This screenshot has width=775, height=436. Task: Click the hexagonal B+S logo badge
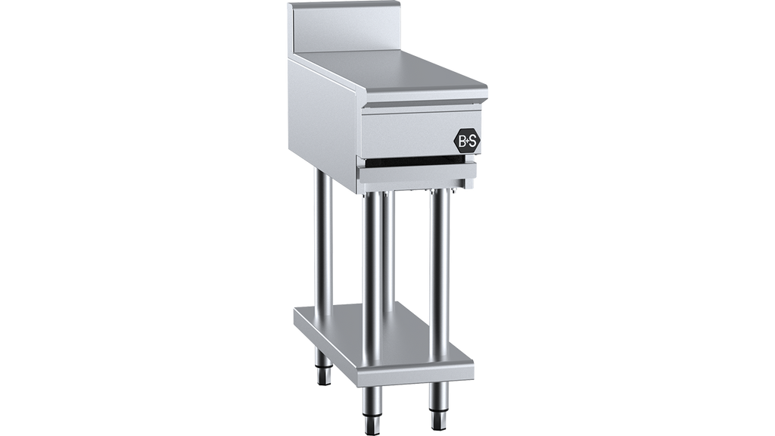click(x=467, y=142)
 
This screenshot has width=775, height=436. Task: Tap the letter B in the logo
click(x=462, y=142)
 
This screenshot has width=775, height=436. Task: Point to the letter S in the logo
click(x=473, y=142)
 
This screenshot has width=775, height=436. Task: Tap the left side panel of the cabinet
click(x=325, y=126)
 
